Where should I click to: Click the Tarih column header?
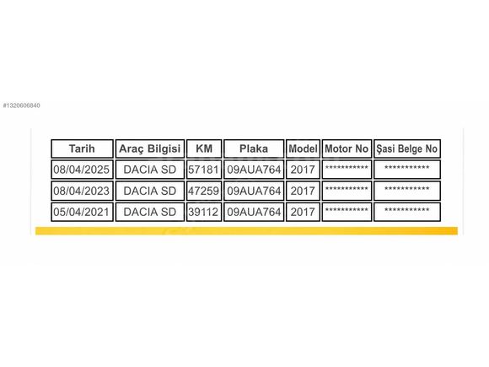tap(82, 148)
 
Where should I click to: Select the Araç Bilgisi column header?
tap(150, 148)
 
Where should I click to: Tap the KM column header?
tap(204, 148)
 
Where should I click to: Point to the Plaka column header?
tap(254, 148)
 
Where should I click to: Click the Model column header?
tap(303, 148)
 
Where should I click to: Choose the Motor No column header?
tap(347, 148)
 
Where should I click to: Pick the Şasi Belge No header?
tap(407, 148)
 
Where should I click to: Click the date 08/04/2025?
tap(82, 170)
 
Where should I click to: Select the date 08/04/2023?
tap(82, 191)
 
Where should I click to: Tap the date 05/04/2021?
tap(82, 212)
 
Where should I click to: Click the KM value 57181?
tap(204, 170)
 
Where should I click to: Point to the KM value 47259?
tap(204, 191)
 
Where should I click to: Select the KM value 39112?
tap(204, 212)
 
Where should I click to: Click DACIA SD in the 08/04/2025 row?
tap(150, 170)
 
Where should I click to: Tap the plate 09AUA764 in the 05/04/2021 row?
tap(254, 212)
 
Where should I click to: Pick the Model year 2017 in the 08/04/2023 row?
tap(303, 191)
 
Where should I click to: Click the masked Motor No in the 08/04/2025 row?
tap(347, 168)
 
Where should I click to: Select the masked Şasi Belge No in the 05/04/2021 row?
tap(407, 210)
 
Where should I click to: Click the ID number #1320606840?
tap(22, 105)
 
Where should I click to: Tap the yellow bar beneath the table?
tap(246, 231)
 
